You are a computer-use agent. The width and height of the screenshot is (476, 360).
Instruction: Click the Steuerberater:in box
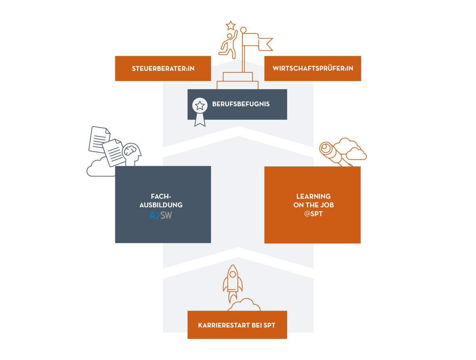(x=163, y=68)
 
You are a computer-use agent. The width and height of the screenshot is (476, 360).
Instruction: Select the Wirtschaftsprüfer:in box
(x=313, y=68)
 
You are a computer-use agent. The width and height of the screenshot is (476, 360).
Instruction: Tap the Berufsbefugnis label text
(x=241, y=104)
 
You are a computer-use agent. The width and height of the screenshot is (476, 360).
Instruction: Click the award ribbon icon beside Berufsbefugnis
(x=199, y=111)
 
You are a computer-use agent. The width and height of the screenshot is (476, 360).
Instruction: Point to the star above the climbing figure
(x=231, y=25)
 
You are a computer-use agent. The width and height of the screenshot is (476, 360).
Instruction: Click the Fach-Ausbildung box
(x=163, y=204)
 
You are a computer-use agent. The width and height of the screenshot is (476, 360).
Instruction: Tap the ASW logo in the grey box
(x=161, y=216)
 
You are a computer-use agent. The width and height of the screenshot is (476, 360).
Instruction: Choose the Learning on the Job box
(x=313, y=205)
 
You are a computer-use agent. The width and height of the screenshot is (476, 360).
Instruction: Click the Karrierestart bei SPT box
(x=237, y=325)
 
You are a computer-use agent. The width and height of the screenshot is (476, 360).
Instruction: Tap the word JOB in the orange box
(x=326, y=205)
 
